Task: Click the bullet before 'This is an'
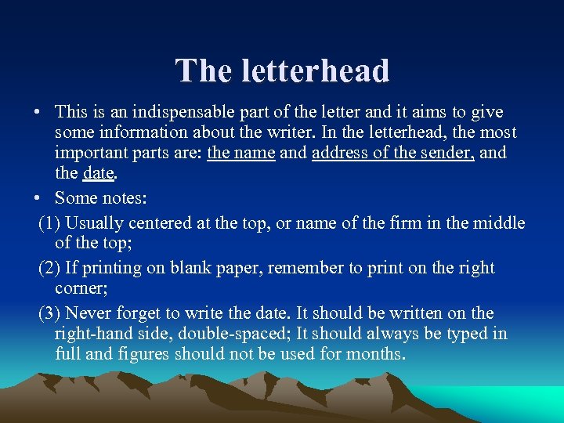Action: pyautogui.click(x=38, y=113)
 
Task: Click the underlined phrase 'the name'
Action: pyautogui.click(x=240, y=153)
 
